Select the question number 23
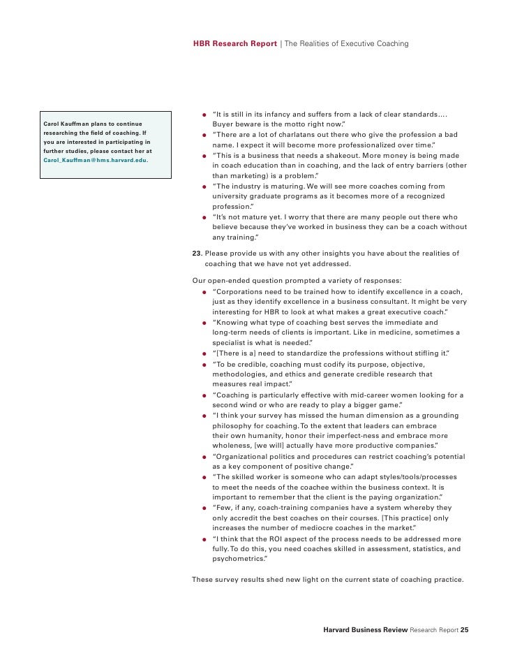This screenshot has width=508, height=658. click(196, 252)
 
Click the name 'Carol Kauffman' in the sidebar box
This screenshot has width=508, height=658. click(68, 124)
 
